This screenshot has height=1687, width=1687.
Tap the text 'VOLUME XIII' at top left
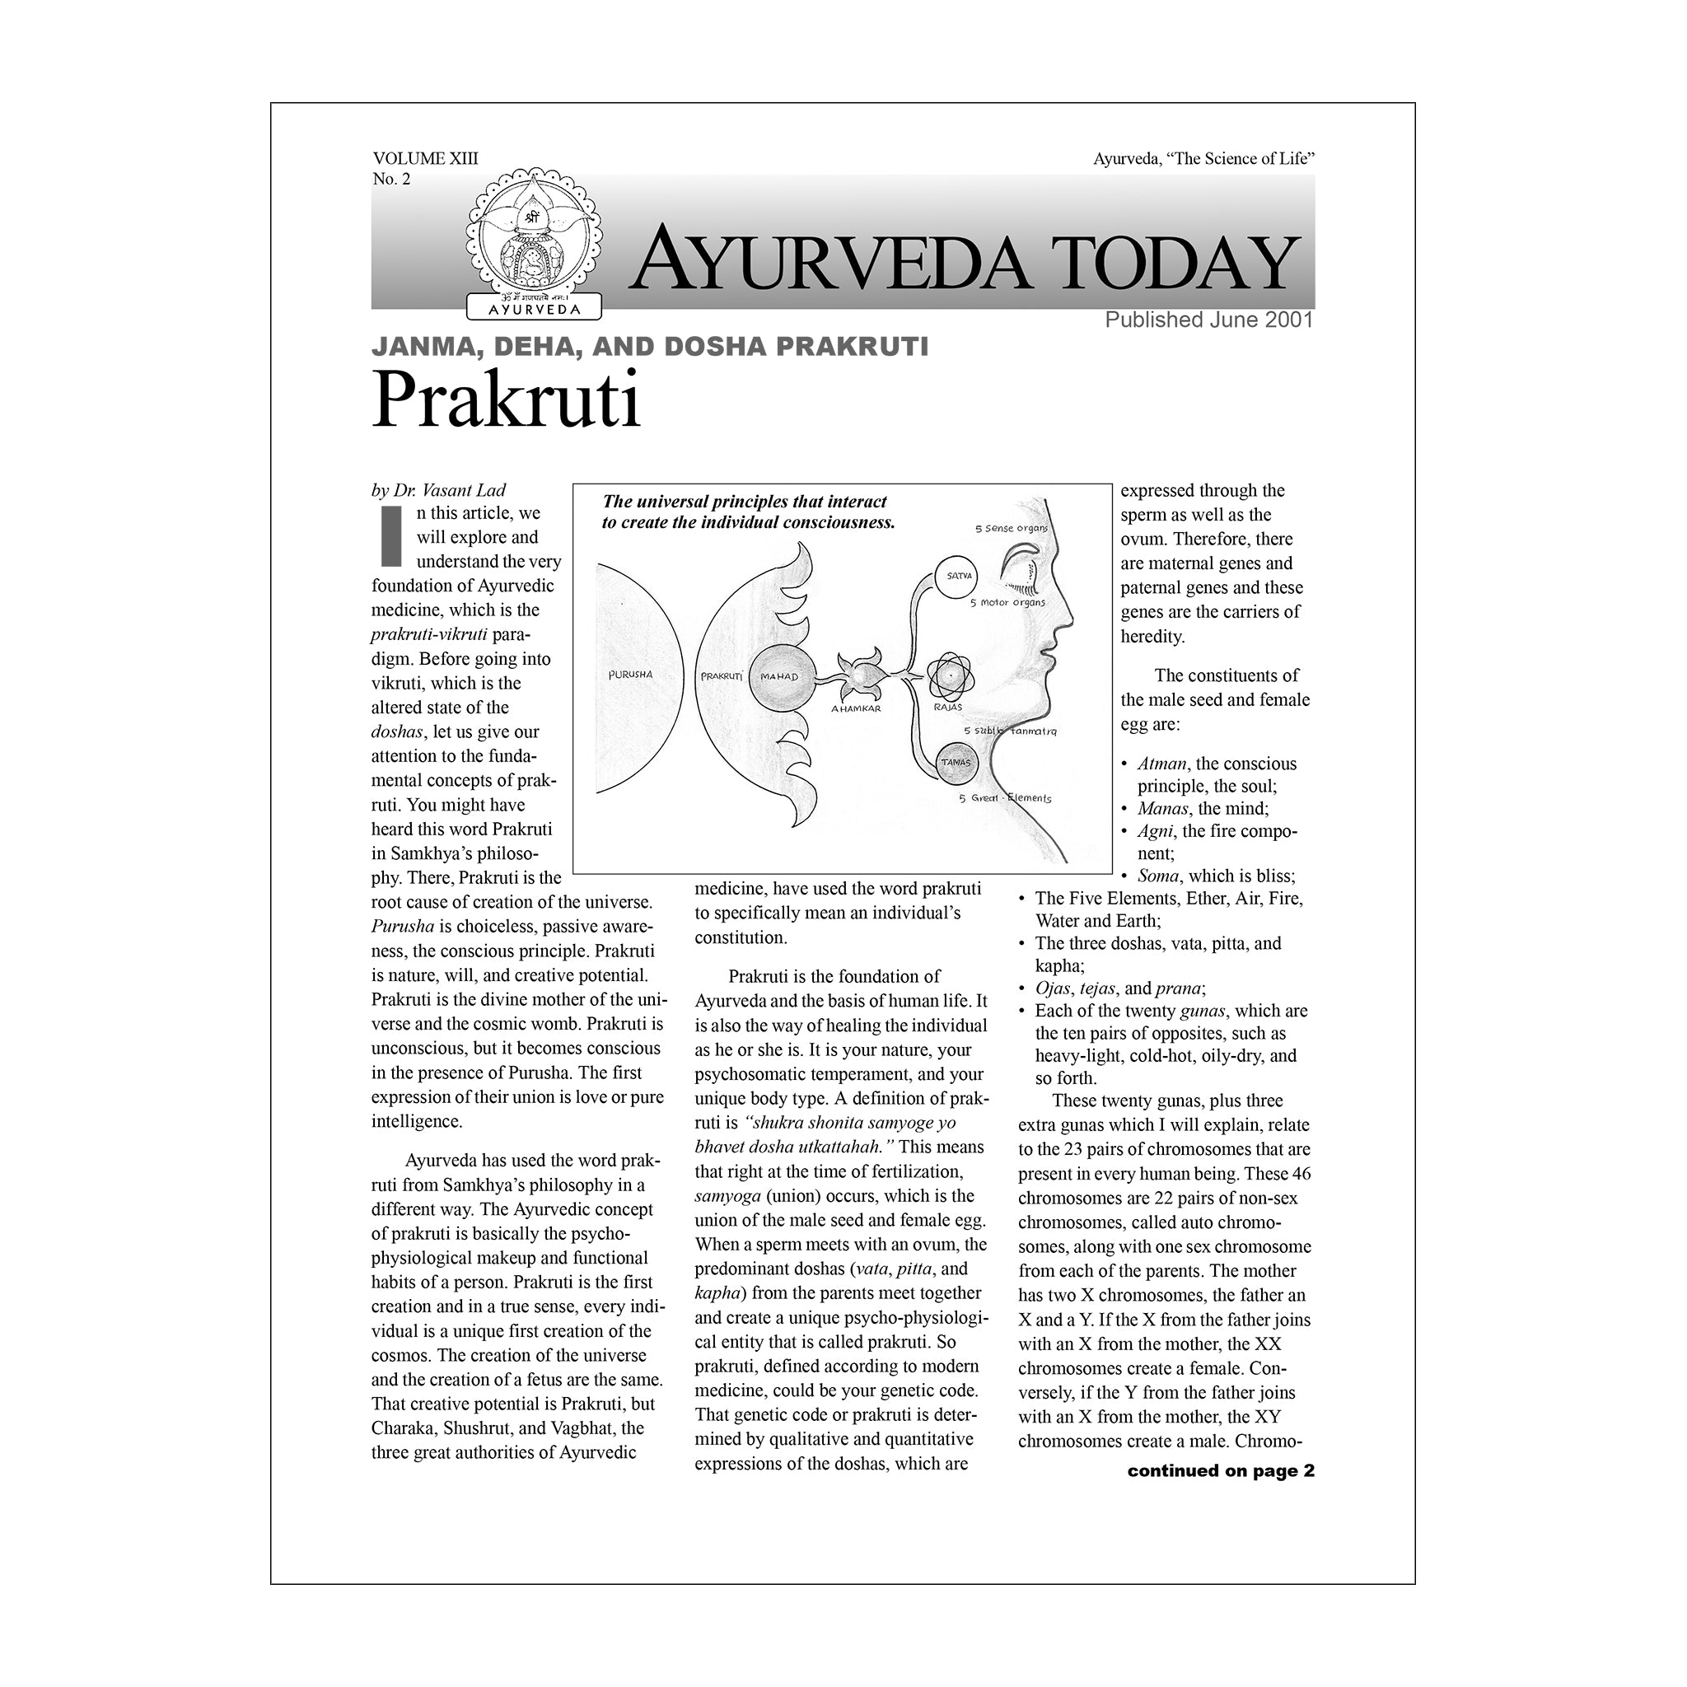point(425,158)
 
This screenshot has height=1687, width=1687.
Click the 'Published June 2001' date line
point(1208,320)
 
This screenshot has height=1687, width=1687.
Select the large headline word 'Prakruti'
point(507,400)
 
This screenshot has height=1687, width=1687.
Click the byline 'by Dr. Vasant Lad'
point(438,490)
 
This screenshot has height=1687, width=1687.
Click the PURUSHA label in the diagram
point(629,675)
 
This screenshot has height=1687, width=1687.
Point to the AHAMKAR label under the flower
point(856,709)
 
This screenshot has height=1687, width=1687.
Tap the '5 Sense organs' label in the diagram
point(1012,528)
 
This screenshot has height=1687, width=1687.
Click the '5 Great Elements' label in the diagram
point(1005,798)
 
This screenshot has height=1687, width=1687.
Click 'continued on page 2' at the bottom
point(1220,1470)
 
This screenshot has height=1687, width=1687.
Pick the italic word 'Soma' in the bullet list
point(1158,876)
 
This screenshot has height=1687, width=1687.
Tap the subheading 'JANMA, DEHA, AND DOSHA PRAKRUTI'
point(650,347)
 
